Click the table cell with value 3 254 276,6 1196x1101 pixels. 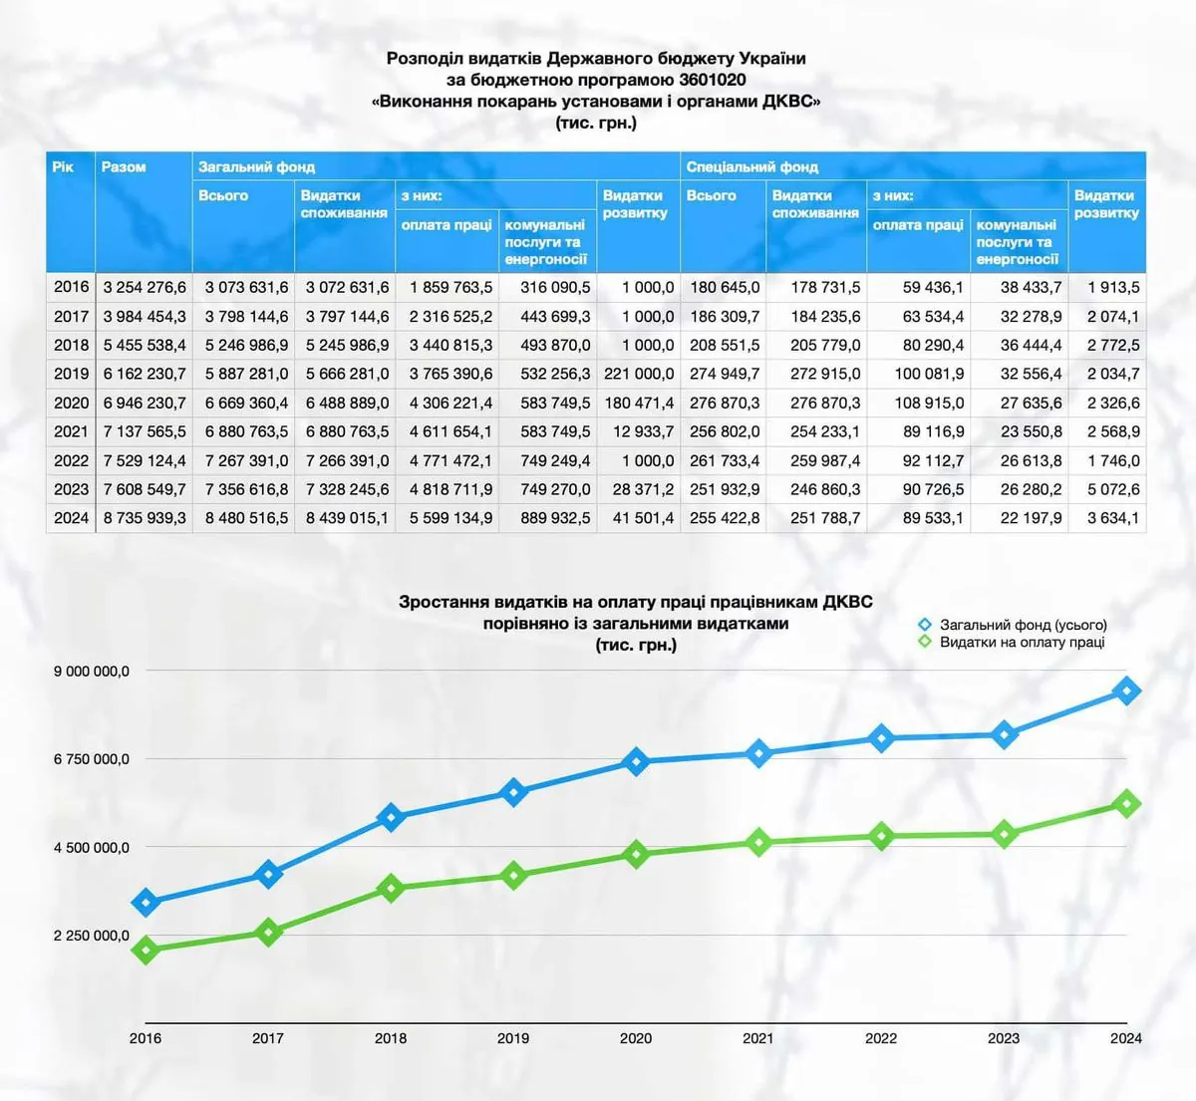pyautogui.click(x=145, y=287)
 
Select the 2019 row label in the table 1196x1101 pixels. pyautogui.click(x=71, y=374)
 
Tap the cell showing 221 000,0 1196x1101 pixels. pyautogui.click(x=639, y=374)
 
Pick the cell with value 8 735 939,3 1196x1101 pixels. pyautogui.click(x=145, y=518)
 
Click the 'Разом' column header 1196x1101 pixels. pyautogui.click(x=124, y=167)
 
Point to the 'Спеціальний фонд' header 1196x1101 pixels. pyautogui.click(x=752, y=167)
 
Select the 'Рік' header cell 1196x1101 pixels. pyautogui.click(x=63, y=167)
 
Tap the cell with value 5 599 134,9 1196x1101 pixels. pyautogui.click(x=450, y=518)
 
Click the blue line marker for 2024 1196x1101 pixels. pyautogui.click(x=1127, y=690)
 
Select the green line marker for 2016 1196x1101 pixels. pyautogui.click(x=146, y=951)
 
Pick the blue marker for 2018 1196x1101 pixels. pyautogui.click(x=391, y=818)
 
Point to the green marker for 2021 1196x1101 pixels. pyautogui.click(x=758, y=843)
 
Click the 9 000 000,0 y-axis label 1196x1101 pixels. pyautogui.click(x=92, y=672)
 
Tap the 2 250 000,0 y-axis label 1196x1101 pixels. pyautogui.click(x=92, y=936)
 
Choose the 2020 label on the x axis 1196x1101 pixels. pyautogui.click(x=636, y=1038)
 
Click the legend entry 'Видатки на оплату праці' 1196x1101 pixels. pyautogui.click(x=1022, y=643)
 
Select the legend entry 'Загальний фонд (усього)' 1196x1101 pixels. pyautogui.click(x=1023, y=625)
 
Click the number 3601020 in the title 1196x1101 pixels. pyautogui.click(x=710, y=80)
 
